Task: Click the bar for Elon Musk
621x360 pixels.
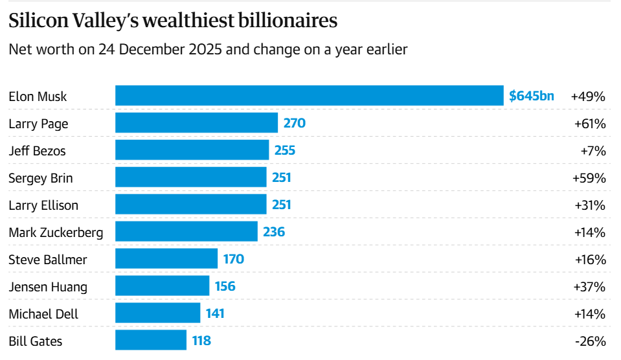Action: (309, 96)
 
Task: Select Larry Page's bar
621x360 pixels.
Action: (196, 123)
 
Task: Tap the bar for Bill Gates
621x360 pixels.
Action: (150, 341)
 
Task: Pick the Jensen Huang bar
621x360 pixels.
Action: (162, 286)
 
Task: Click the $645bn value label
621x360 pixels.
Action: (531, 96)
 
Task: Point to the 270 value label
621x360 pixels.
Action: (293, 123)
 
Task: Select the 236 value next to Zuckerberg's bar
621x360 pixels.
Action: (274, 232)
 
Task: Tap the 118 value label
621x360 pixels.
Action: (201, 341)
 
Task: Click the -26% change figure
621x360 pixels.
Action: (590, 341)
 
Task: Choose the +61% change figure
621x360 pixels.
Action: (589, 123)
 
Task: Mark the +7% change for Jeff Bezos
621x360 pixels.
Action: (593, 150)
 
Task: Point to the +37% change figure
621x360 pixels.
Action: (589, 286)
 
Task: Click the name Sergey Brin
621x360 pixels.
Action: (41, 178)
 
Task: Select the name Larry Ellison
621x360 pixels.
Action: (43, 205)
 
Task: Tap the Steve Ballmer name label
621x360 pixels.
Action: (48, 260)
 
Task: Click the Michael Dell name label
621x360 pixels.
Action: (43, 314)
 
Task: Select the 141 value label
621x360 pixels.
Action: (214, 313)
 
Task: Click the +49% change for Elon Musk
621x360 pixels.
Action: (588, 96)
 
